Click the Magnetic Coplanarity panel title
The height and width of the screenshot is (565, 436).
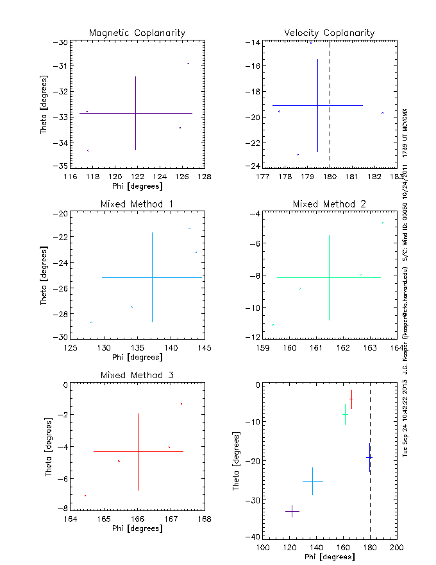pyautogui.click(x=137, y=33)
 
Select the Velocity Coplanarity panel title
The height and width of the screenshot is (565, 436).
pyautogui.click(x=330, y=33)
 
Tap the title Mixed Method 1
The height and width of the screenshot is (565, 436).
pyautogui.click(x=137, y=204)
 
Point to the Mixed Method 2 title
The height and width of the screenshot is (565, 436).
pyautogui.click(x=330, y=204)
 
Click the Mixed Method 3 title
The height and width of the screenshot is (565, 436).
pyautogui.click(x=137, y=375)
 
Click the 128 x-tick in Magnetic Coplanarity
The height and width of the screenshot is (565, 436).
pyautogui.click(x=204, y=175)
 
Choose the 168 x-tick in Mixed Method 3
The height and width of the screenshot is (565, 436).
pyautogui.click(x=204, y=518)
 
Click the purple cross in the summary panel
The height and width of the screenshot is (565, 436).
pyautogui.click(x=292, y=511)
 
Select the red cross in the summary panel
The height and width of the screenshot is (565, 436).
pyautogui.click(x=351, y=399)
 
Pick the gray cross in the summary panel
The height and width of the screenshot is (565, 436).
pyautogui.click(x=312, y=481)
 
